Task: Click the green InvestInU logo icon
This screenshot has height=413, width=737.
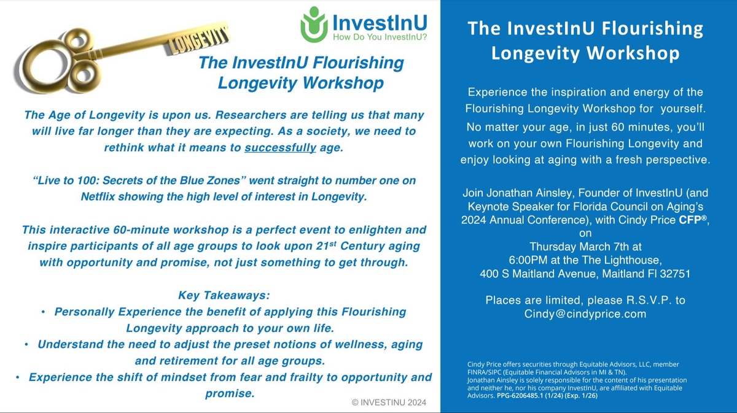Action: click(314, 25)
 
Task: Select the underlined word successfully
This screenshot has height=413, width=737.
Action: click(280, 148)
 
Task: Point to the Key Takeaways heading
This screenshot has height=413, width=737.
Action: click(224, 295)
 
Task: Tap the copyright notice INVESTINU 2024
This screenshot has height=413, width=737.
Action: click(389, 403)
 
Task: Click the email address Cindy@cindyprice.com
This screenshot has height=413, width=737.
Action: click(585, 314)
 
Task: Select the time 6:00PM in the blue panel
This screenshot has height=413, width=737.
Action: click(528, 260)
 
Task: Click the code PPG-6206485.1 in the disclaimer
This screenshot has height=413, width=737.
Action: click(520, 396)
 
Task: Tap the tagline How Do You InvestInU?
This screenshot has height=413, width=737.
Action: click(380, 37)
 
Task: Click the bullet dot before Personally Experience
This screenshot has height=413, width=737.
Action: click(43, 312)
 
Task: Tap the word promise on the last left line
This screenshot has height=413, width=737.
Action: click(230, 393)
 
